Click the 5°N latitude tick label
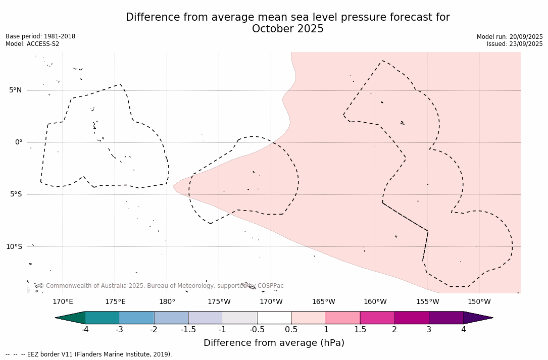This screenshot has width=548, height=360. (15, 90)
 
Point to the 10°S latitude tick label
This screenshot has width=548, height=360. (14, 246)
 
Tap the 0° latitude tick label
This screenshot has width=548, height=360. (18, 142)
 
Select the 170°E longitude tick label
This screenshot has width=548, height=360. (63, 302)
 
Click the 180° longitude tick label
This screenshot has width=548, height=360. (167, 302)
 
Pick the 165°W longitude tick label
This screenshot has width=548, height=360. (323, 302)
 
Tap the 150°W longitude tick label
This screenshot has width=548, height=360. (479, 302)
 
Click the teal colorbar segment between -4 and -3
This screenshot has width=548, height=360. (103, 318)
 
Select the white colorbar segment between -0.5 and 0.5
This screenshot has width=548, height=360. (274, 318)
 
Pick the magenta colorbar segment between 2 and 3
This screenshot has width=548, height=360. (412, 318)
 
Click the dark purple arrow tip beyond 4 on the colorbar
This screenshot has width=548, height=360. (477, 318)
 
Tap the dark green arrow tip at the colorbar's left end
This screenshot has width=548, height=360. (71, 318)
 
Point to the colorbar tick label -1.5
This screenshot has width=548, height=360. (188, 330)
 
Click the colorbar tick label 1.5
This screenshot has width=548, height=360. (360, 330)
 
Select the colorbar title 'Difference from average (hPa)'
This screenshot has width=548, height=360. (274, 343)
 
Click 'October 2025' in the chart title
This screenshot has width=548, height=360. (288, 29)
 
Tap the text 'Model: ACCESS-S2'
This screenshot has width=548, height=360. (32, 44)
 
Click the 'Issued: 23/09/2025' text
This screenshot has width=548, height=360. (515, 44)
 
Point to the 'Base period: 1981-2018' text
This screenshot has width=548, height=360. (40, 36)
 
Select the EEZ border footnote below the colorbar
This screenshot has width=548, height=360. (89, 354)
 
